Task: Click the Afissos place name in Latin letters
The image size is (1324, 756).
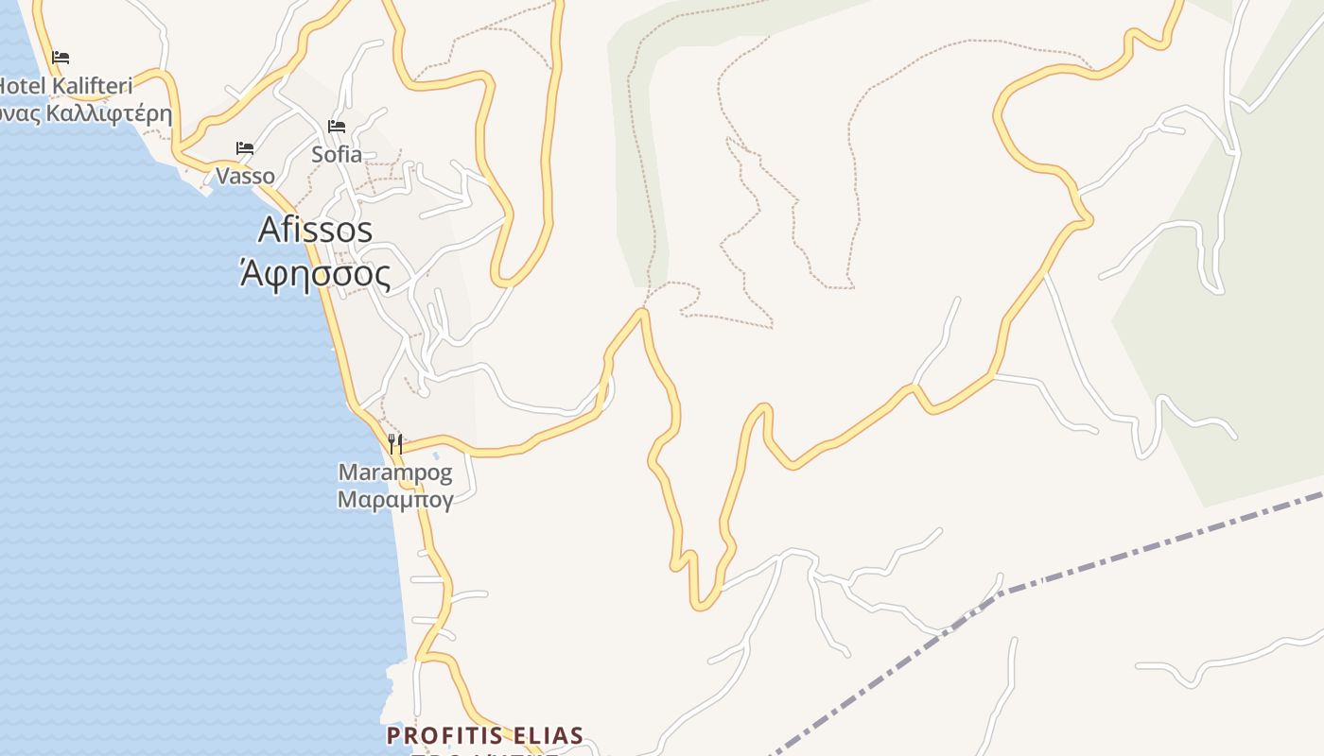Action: coord(315,230)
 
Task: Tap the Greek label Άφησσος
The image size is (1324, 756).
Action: coord(315,274)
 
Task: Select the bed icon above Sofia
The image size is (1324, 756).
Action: coord(337,127)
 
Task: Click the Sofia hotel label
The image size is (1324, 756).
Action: coord(337,154)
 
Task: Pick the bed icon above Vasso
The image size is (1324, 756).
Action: coord(245,148)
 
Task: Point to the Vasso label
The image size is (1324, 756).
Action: coord(245,176)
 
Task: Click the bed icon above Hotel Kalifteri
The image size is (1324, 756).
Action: coord(61,58)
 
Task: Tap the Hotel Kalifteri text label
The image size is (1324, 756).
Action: coord(64,87)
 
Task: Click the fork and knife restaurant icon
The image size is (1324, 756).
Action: coord(395,443)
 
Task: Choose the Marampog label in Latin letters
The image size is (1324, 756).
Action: coord(395,472)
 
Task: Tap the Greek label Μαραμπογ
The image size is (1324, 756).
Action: coord(395,499)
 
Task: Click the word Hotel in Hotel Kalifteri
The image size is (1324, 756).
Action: coord(21,87)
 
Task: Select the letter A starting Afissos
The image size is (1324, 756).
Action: coord(270,230)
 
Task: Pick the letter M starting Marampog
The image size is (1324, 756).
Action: coord(347,472)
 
